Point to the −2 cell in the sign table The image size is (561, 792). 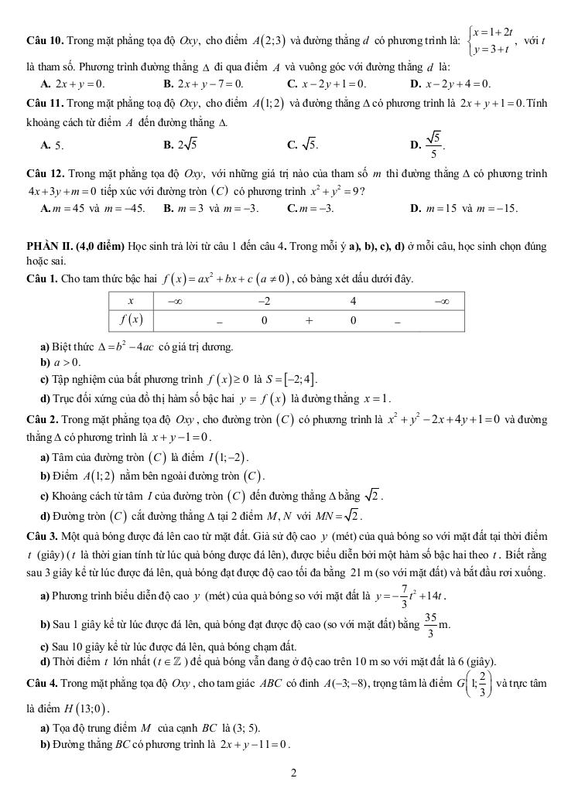(x=264, y=300)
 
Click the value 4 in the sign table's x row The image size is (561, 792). (x=352, y=300)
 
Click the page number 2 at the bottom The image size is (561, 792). (x=294, y=772)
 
